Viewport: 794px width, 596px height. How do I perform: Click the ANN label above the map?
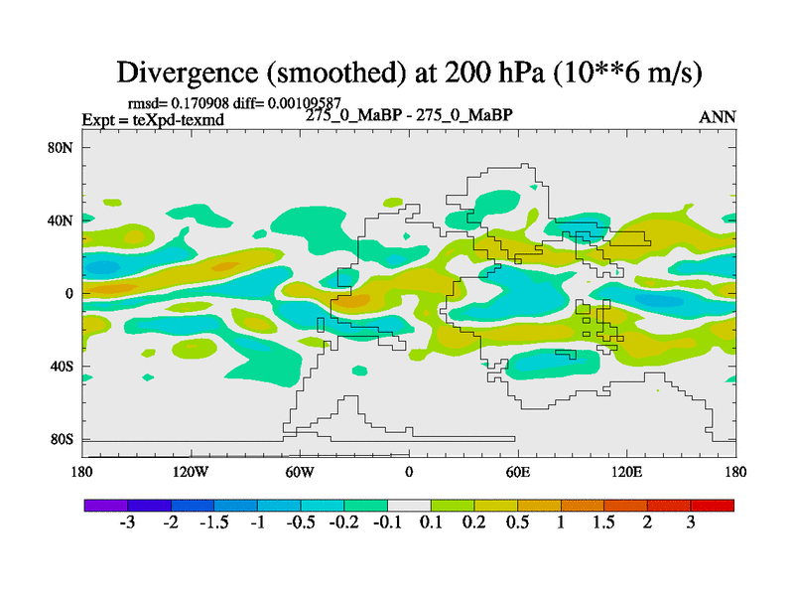pyautogui.click(x=718, y=117)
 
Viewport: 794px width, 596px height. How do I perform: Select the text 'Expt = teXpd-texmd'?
pyautogui.click(x=153, y=119)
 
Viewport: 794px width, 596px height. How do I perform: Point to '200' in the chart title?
pyautogui.click(x=441, y=73)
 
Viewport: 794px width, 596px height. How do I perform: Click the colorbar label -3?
pyautogui.click(x=127, y=522)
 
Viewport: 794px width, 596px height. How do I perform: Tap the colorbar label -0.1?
pyautogui.click(x=387, y=522)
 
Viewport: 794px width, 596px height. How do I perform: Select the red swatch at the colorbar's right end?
pyautogui.click(x=713, y=505)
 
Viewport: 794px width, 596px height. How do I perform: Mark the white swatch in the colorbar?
pyautogui.click(x=409, y=505)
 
